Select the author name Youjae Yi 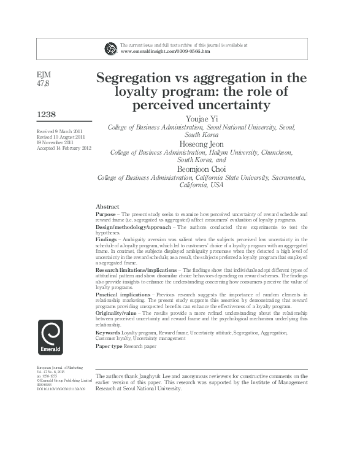tap(202, 118)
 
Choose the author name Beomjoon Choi tap(202, 169)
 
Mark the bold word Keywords tap(108, 332)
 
